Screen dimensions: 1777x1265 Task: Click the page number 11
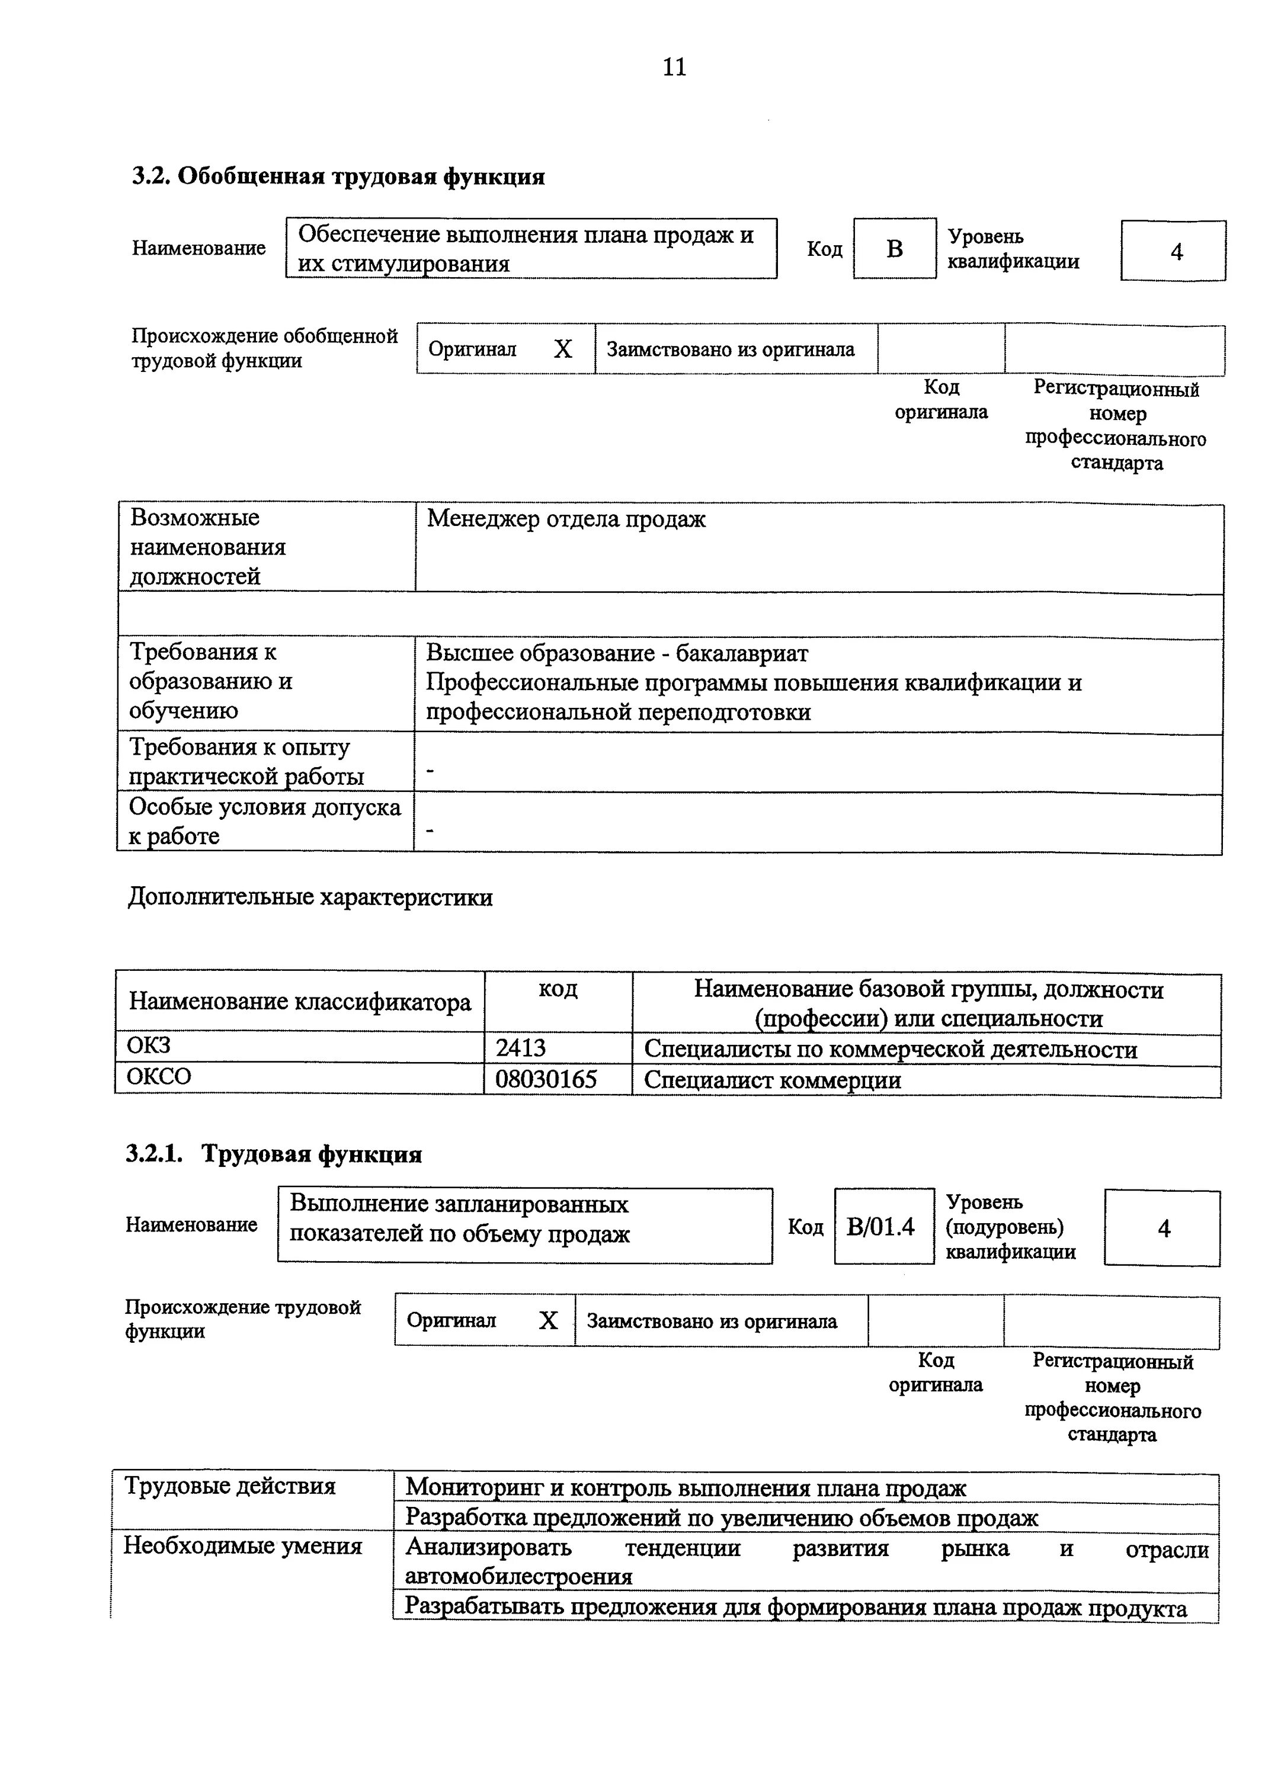(674, 67)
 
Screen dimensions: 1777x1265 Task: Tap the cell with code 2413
(558, 1048)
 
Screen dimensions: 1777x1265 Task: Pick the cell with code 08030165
(558, 1079)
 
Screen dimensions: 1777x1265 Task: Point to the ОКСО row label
(158, 1077)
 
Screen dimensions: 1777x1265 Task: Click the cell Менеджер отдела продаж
(566, 519)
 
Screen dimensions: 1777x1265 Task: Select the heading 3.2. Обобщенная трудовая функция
(338, 177)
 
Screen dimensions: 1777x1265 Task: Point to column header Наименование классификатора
(300, 1002)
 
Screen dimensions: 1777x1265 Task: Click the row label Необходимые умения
(242, 1546)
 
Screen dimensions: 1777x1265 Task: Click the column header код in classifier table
(558, 989)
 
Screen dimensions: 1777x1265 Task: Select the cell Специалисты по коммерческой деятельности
(891, 1050)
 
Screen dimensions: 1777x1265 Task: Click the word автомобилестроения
(518, 1577)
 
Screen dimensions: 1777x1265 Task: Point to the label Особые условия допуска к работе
(265, 822)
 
